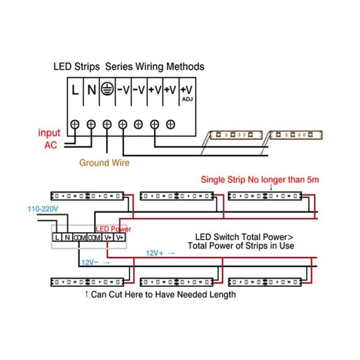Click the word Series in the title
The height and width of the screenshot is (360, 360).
pos(121,67)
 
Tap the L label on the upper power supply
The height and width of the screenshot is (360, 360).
pos(74,91)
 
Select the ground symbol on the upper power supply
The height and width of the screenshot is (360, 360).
pos(107,90)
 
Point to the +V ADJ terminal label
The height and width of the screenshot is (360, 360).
pos(186,91)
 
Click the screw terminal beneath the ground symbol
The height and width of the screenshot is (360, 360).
pos(107,124)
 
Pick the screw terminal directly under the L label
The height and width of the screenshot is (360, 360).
pos(75,124)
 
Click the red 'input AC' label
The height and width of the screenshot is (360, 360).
pos(49,139)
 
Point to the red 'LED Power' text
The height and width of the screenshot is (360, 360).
pos(113,229)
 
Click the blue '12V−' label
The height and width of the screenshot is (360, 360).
pos(92,262)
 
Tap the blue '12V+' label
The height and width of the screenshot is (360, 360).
pos(157,253)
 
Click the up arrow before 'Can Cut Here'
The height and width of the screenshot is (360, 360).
pos(86,295)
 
